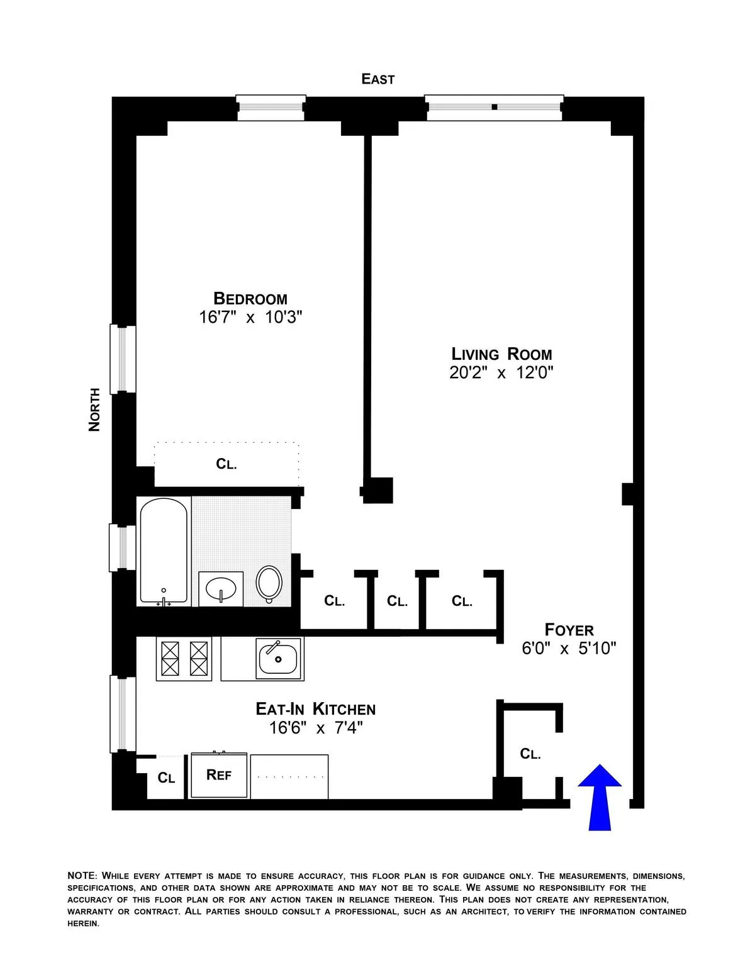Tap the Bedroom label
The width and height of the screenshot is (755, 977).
tap(250, 298)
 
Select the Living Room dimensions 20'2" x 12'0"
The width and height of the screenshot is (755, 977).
tap(501, 373)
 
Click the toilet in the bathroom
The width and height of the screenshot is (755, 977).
tap(269, 583)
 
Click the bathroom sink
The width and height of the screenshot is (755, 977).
tap(220, 589)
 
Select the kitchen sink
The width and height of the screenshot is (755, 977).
tap(277, 659)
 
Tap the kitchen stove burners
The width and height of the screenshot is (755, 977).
tap(184, 658)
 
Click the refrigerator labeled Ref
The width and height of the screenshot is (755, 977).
tap(218, 775)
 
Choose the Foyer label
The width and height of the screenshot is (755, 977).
tap(569, 630)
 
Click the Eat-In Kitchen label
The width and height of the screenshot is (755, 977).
tap(315, 709)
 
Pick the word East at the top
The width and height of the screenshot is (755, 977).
tap(377, 79)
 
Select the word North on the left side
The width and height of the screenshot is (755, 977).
tap(94, 409)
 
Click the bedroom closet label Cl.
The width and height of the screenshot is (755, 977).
tap(226, 464)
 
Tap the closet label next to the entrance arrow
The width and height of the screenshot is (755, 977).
tap(530, 754)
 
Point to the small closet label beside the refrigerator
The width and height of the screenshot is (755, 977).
tap(166, 778)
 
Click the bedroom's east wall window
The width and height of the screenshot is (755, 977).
tap(271, 108)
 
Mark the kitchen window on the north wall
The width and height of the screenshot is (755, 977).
tap(123, 713)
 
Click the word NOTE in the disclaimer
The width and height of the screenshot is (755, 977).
tap(81, 876)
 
